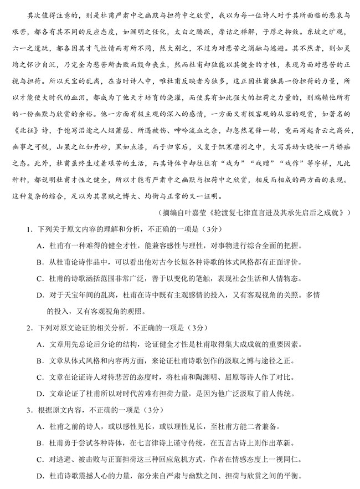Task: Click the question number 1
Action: pos(25,228)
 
